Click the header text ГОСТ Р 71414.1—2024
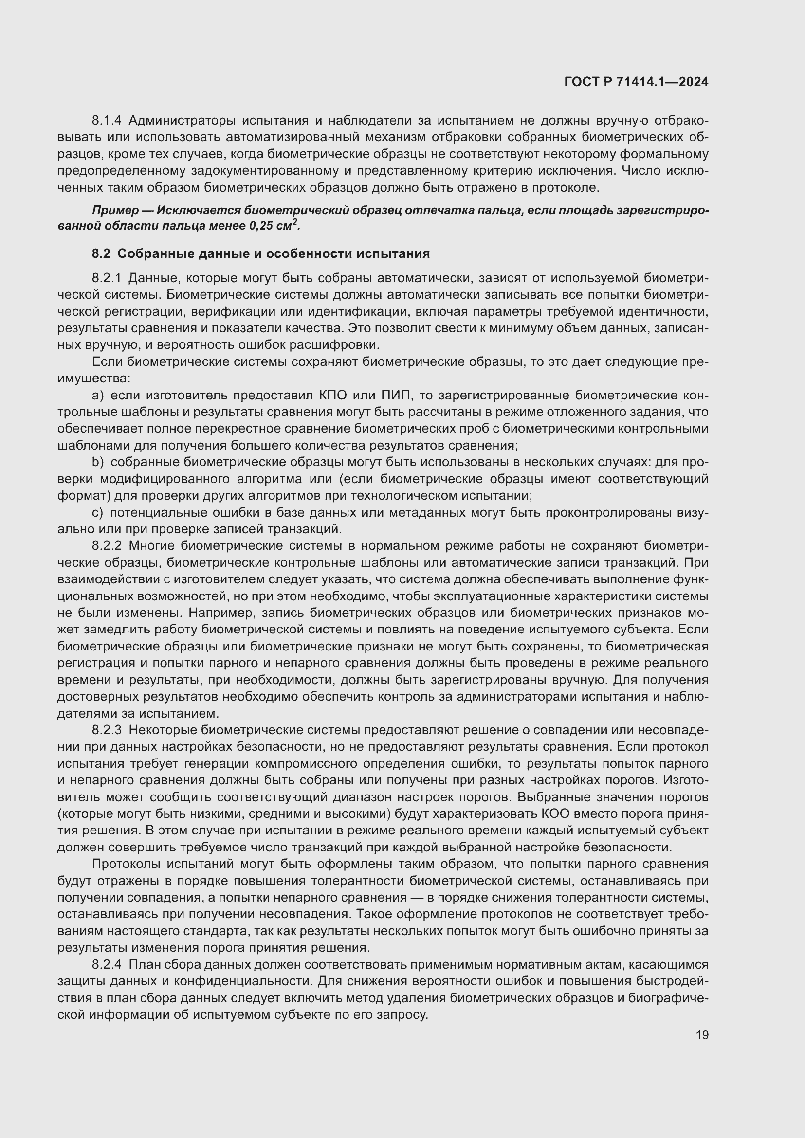point(636,82)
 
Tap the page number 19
point(702,1035)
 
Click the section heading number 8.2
point(101,254)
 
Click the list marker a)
point(98,395)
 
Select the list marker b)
point(98,462)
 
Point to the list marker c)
point(98,512)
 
